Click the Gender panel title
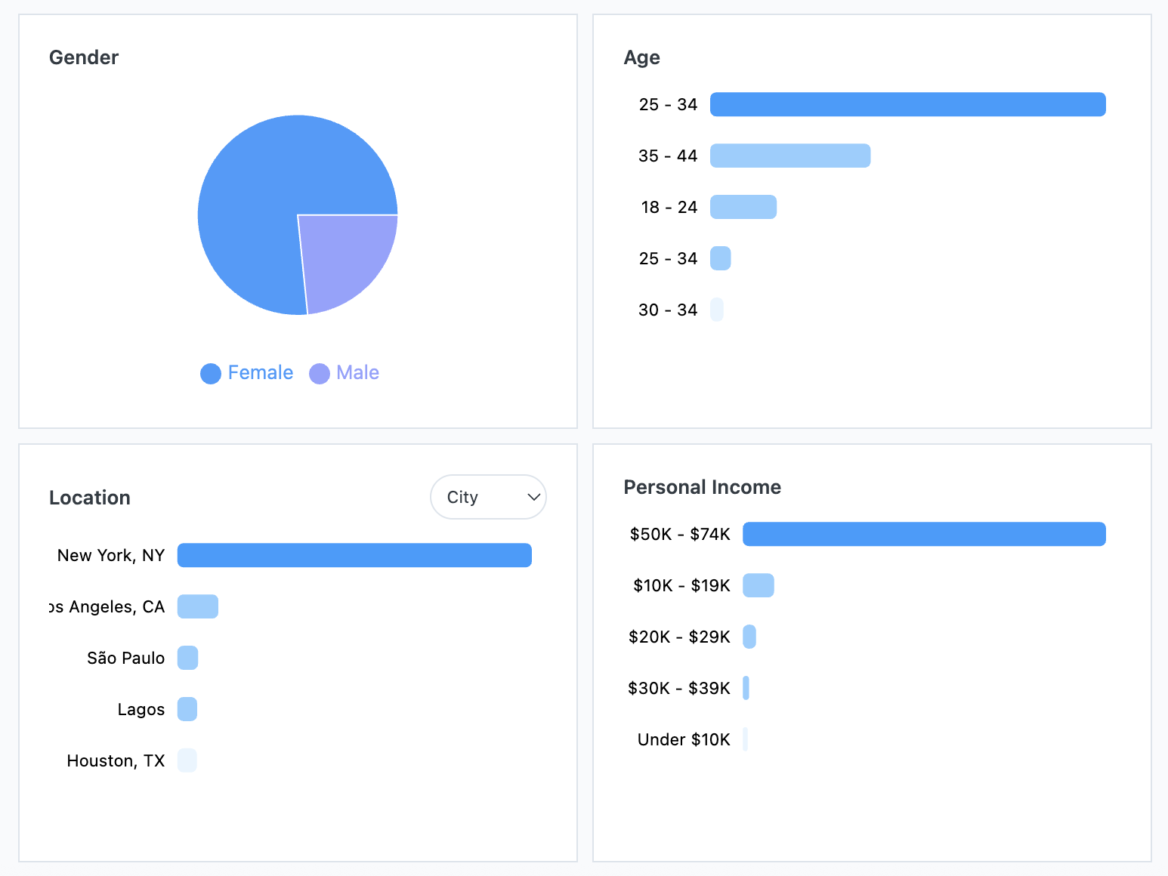click(x=84, y=57)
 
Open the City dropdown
click(x=488, y=497)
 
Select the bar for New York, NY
click(x=354, y=555)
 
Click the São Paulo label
click(x=125, y=658)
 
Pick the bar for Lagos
click(x=187, y=709)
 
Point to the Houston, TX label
click(x=116, y=760)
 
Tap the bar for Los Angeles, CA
click(x=198, y=606)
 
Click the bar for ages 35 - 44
click(x=790, y=156)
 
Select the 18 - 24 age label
click(x=669, y=207)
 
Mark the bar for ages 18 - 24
click(x=743, y=207)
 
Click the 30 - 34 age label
click(x=668, y=310)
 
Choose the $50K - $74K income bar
click(x=924, y=534)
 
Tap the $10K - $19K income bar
click(x=759, y=585)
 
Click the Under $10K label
click(x=684, y=739)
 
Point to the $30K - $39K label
click(x=678, y=688)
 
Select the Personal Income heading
click(x=702, y=487)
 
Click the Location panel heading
click(x=90, y=498)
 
